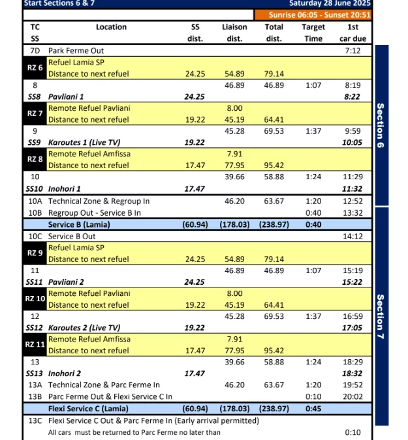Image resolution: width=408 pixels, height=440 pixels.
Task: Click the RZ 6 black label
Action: point(35,68)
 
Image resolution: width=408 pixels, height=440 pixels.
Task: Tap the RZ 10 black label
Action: point(35,299)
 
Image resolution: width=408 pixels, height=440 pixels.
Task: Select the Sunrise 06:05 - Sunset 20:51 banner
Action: point(313,15)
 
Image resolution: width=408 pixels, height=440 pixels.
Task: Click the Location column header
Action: point(111,27)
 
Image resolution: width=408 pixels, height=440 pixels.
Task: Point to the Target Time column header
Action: point(313,33)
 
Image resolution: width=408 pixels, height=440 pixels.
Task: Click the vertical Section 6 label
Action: point(381,125)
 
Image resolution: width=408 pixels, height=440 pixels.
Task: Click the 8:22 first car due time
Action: point(353,96)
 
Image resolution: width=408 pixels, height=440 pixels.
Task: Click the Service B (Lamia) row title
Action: point(79,225)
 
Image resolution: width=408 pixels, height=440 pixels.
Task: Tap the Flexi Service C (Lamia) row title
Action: point(88,409)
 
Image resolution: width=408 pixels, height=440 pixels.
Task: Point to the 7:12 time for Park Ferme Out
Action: point(353,50)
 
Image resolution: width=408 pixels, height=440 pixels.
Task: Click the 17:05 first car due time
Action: point(353,328)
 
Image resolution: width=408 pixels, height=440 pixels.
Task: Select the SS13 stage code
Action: point(35,374)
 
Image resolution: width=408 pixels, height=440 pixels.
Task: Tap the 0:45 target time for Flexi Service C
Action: point(313,409)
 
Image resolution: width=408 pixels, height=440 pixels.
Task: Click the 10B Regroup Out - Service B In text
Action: point(94,213)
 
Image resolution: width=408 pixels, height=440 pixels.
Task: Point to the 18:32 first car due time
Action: point(353,374)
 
